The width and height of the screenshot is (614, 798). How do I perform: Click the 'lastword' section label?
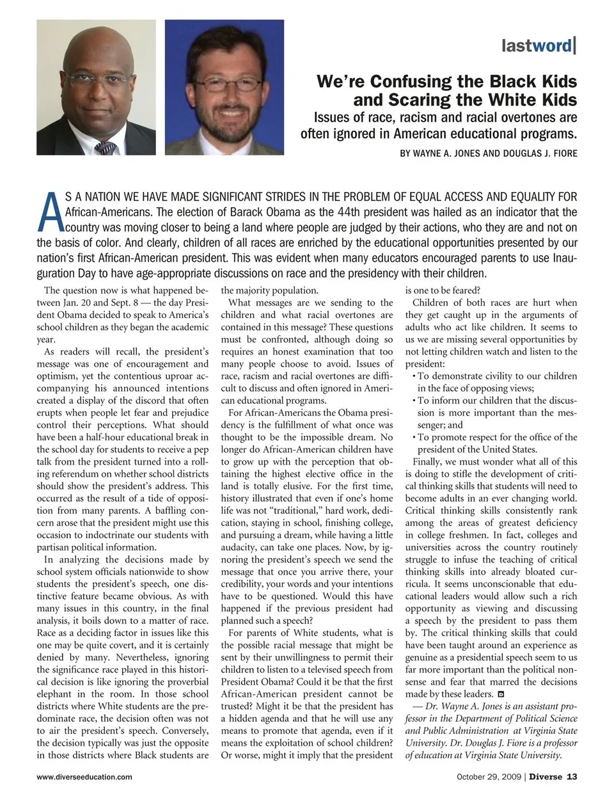[x=538, y=45]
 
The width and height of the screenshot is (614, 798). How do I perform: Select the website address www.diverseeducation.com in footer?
[x=84, y=777]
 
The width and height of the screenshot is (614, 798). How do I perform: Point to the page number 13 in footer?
[x=572, y=777]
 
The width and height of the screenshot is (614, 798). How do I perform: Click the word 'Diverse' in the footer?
[x=546, y=777]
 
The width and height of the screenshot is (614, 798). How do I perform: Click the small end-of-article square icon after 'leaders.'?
[x=501, y=694]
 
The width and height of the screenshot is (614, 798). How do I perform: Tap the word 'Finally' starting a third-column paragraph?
[x=429, y=461]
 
